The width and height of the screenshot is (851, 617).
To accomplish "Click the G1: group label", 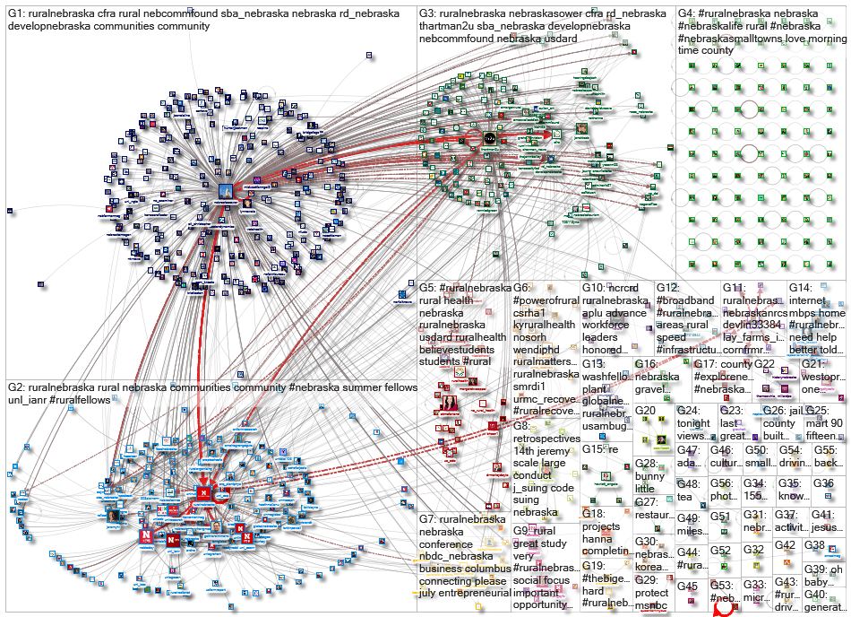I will click(x=17, y=14).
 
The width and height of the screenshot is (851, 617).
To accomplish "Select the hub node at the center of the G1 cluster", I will click(x=225, y=192).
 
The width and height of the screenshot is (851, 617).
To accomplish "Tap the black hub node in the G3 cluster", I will click(x=490, y=139).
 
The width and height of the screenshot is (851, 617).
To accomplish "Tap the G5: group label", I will click(x=430, y=288).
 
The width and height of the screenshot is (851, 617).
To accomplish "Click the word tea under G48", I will click(x=684, y=496).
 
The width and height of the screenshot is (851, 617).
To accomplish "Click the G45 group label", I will click(x=687, y=586).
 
